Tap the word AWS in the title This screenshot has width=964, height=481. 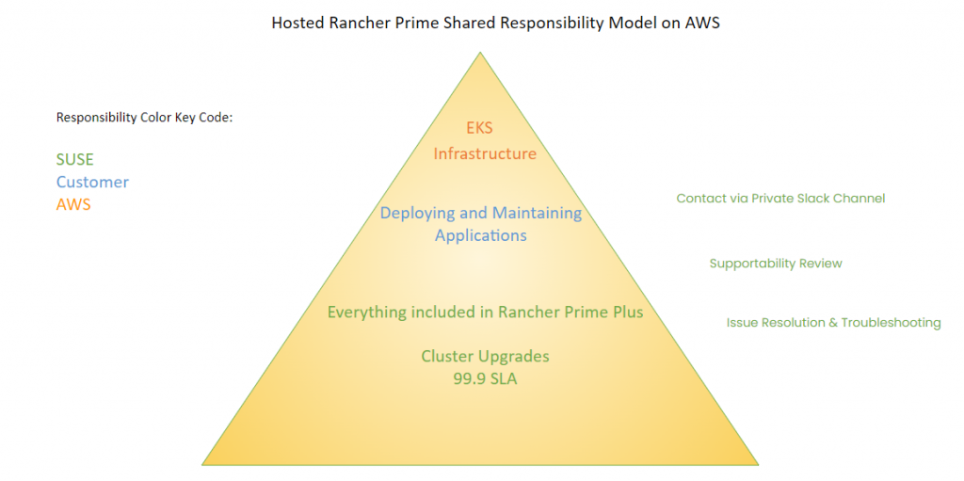click(x=702, y=23)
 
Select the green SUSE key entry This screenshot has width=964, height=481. click(x=74, y=160)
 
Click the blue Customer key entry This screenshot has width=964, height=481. click(x=92, y=182)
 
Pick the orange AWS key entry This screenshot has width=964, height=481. click(x=73, y=203)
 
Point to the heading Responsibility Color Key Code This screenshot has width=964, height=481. click(x=144, y=118)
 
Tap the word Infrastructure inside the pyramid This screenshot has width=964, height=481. click(x=485, y=153)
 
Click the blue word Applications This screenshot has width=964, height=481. click(x=481, y=235)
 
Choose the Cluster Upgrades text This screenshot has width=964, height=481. click(x=485, y=357)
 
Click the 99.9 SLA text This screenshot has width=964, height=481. click(x=485, y=379)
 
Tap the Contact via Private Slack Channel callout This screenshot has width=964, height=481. click(x=780, y=199)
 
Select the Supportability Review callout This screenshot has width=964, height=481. click(x=776, y=264)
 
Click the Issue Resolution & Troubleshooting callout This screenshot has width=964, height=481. click(x=833, y=323)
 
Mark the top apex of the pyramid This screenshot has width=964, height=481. click(x=481, y=53)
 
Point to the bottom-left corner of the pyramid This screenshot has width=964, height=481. click(x=204, y=463)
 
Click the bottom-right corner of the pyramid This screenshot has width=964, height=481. click(x=757, y=463)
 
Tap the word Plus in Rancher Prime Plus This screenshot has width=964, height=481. click(x=626, y=312)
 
